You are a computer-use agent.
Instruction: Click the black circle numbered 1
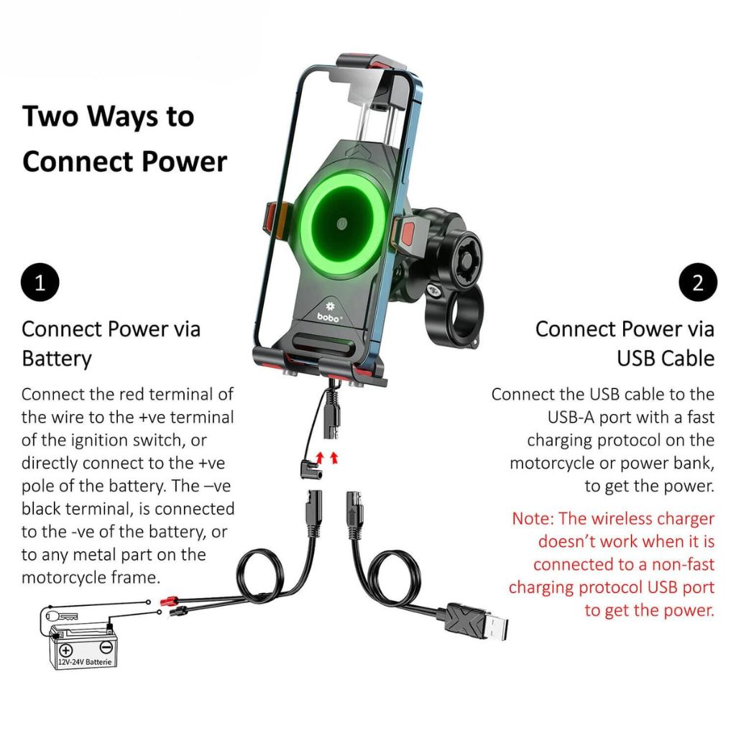[40, 282]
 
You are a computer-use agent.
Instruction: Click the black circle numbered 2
[697, 282]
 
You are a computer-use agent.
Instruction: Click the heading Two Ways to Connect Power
[124, 139]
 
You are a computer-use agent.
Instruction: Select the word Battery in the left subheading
[57, 358]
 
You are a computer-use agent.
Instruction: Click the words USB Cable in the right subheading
[666, 358]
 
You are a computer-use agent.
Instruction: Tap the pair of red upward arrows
[325, 458]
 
